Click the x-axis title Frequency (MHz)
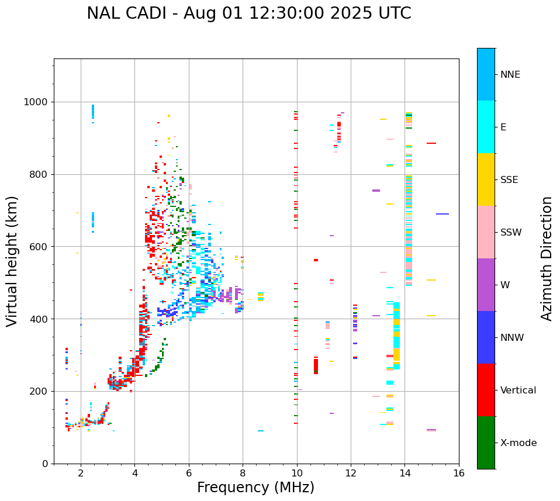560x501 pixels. [x=255, y=488]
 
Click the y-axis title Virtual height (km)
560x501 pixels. [x=12, y=261]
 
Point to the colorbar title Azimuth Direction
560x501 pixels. [x=547, y=258]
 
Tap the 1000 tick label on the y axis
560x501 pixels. [x=36, y=102]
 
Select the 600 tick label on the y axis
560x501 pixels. [x=39, y=247]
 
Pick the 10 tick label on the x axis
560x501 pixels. [x=297, y=474]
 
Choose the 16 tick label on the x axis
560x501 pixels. [x=459, y=474]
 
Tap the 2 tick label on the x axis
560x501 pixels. [x=81, y=474]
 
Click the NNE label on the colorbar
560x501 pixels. [x=510, y=75]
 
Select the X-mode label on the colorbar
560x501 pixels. [x=518, y=443]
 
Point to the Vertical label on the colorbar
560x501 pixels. [x=518, y=391]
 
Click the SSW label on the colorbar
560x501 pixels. [x=511, y=233]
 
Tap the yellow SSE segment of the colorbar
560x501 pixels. [x=486, y=179]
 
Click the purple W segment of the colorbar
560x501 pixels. [x=486, y=285]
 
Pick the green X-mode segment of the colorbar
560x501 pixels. [x=486, y=443]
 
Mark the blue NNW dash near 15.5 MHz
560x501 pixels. [x=443, y=214]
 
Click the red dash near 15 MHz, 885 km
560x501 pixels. [x=431, y=143]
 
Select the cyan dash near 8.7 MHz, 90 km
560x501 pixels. [x=261, y=431]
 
